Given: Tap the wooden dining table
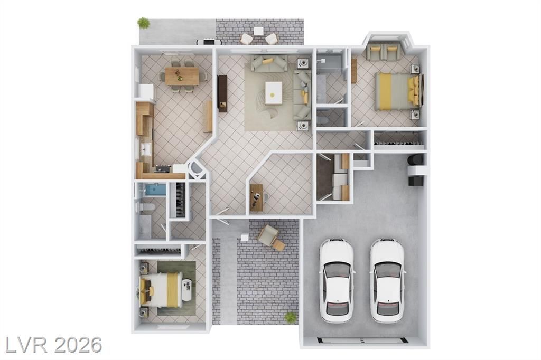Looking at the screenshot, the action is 182,76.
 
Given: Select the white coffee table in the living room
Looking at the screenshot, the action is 273,93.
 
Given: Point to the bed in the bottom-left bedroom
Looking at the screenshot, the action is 161,289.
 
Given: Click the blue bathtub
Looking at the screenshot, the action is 156,190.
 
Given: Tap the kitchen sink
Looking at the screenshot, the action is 145,149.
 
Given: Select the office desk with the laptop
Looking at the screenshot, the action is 256,197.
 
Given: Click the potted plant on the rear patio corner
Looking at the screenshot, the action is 144,23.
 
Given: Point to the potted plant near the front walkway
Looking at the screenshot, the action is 291,317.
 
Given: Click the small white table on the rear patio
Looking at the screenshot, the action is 258,31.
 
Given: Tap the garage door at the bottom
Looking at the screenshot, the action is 362,339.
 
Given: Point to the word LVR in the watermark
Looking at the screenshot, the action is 26,345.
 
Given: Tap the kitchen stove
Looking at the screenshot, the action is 163,168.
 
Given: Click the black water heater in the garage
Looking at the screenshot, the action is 415,159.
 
